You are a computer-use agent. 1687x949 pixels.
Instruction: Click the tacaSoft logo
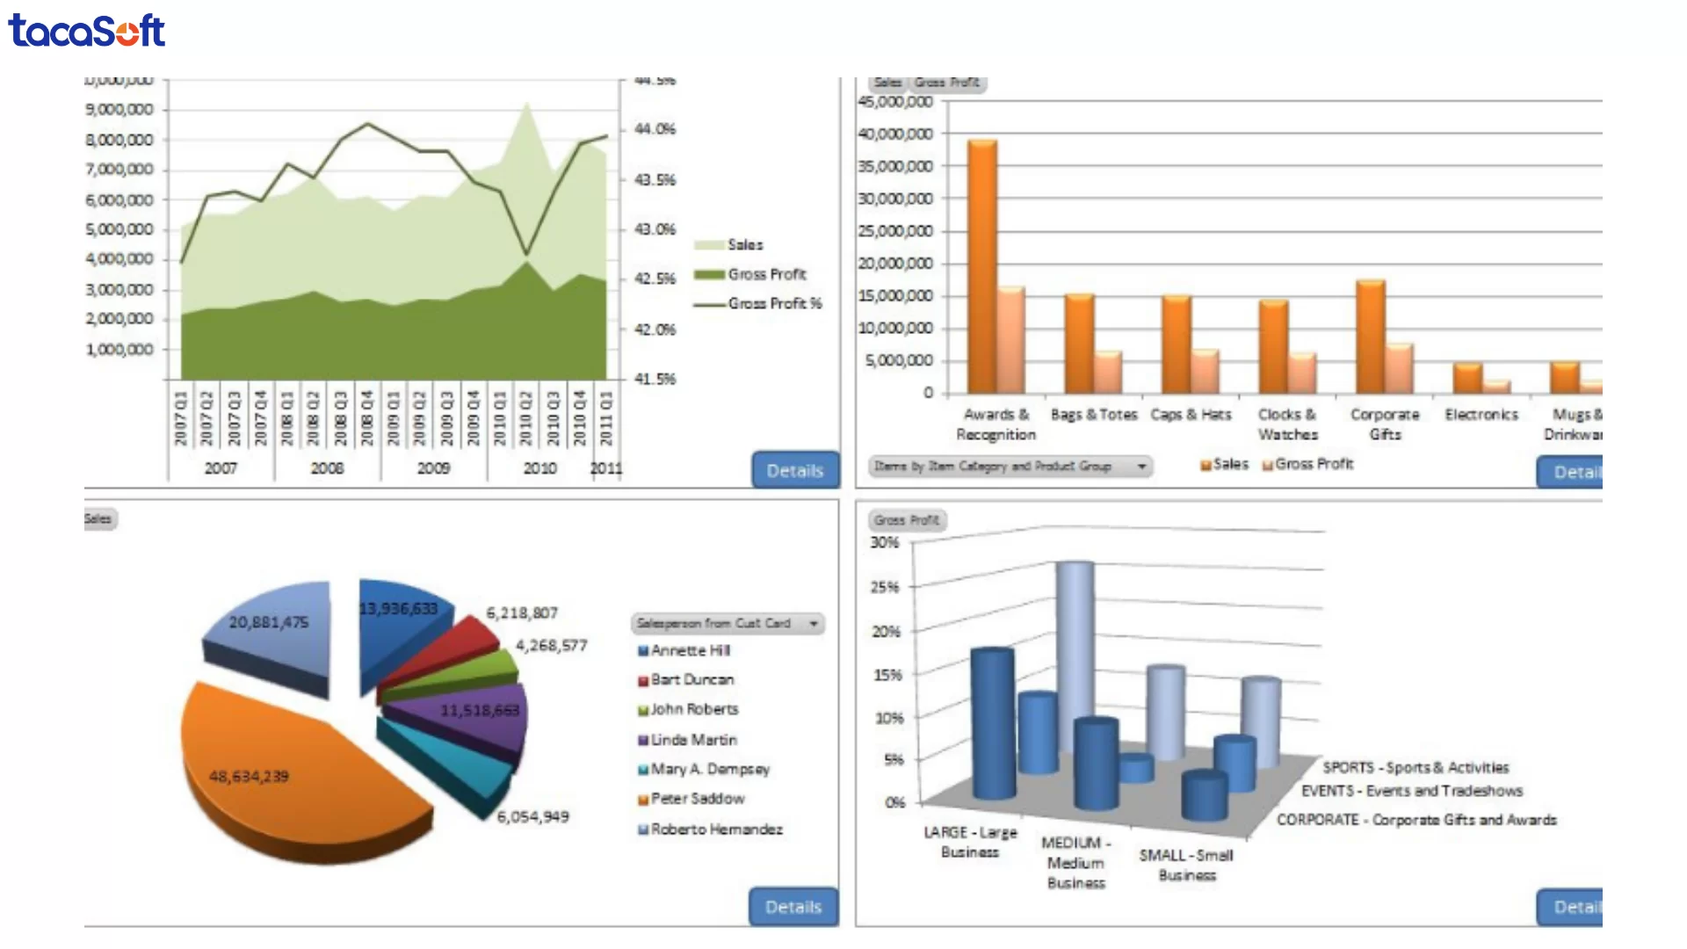[x=86, y=31]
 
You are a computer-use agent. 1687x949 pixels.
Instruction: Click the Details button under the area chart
[x=794, y=470]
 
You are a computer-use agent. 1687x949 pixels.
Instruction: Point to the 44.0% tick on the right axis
[x=655, y=129]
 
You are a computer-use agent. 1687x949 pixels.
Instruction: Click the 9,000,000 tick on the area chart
[x=119, y=110]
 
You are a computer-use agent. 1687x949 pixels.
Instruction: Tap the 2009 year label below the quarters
[x=433, y=468]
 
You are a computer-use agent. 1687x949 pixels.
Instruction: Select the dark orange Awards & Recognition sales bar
[x=981, y=264]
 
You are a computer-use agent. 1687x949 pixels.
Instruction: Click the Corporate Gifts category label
[x=1385, y=424]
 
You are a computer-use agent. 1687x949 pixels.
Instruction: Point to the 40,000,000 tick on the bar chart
[x=895, y=134]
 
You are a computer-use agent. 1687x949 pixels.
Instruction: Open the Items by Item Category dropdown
[x=1010, y=466]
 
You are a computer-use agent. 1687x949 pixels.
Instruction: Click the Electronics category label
[x=1481, y=414]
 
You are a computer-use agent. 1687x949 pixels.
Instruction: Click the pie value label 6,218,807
[x=522, y=613]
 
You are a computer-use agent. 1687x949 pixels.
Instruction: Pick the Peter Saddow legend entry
[x=697, y=799]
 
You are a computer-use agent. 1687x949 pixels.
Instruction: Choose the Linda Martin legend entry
[x=693, y=740]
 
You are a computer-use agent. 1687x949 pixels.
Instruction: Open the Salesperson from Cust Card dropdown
[x=727, y=623]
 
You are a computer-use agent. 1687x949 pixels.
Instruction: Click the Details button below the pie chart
[x=793, y=906]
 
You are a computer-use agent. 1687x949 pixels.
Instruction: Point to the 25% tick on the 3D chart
[x=885, y=587]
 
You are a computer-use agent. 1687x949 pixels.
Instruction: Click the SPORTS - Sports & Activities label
[x=1415, y=768]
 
